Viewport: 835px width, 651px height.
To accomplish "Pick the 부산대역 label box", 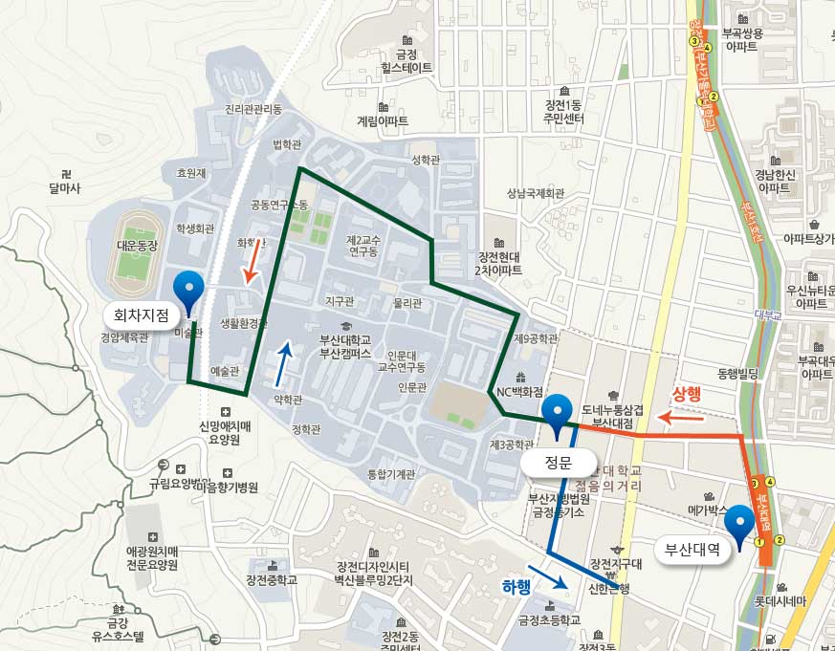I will (x=692, y=549).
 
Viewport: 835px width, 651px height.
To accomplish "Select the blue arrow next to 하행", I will (x=548, y=576).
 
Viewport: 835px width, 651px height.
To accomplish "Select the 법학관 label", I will (x=287, y=144).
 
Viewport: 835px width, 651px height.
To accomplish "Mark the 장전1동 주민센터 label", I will (x=563, y=112).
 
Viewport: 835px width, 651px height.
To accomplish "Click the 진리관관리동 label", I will (x=253, y=109).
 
